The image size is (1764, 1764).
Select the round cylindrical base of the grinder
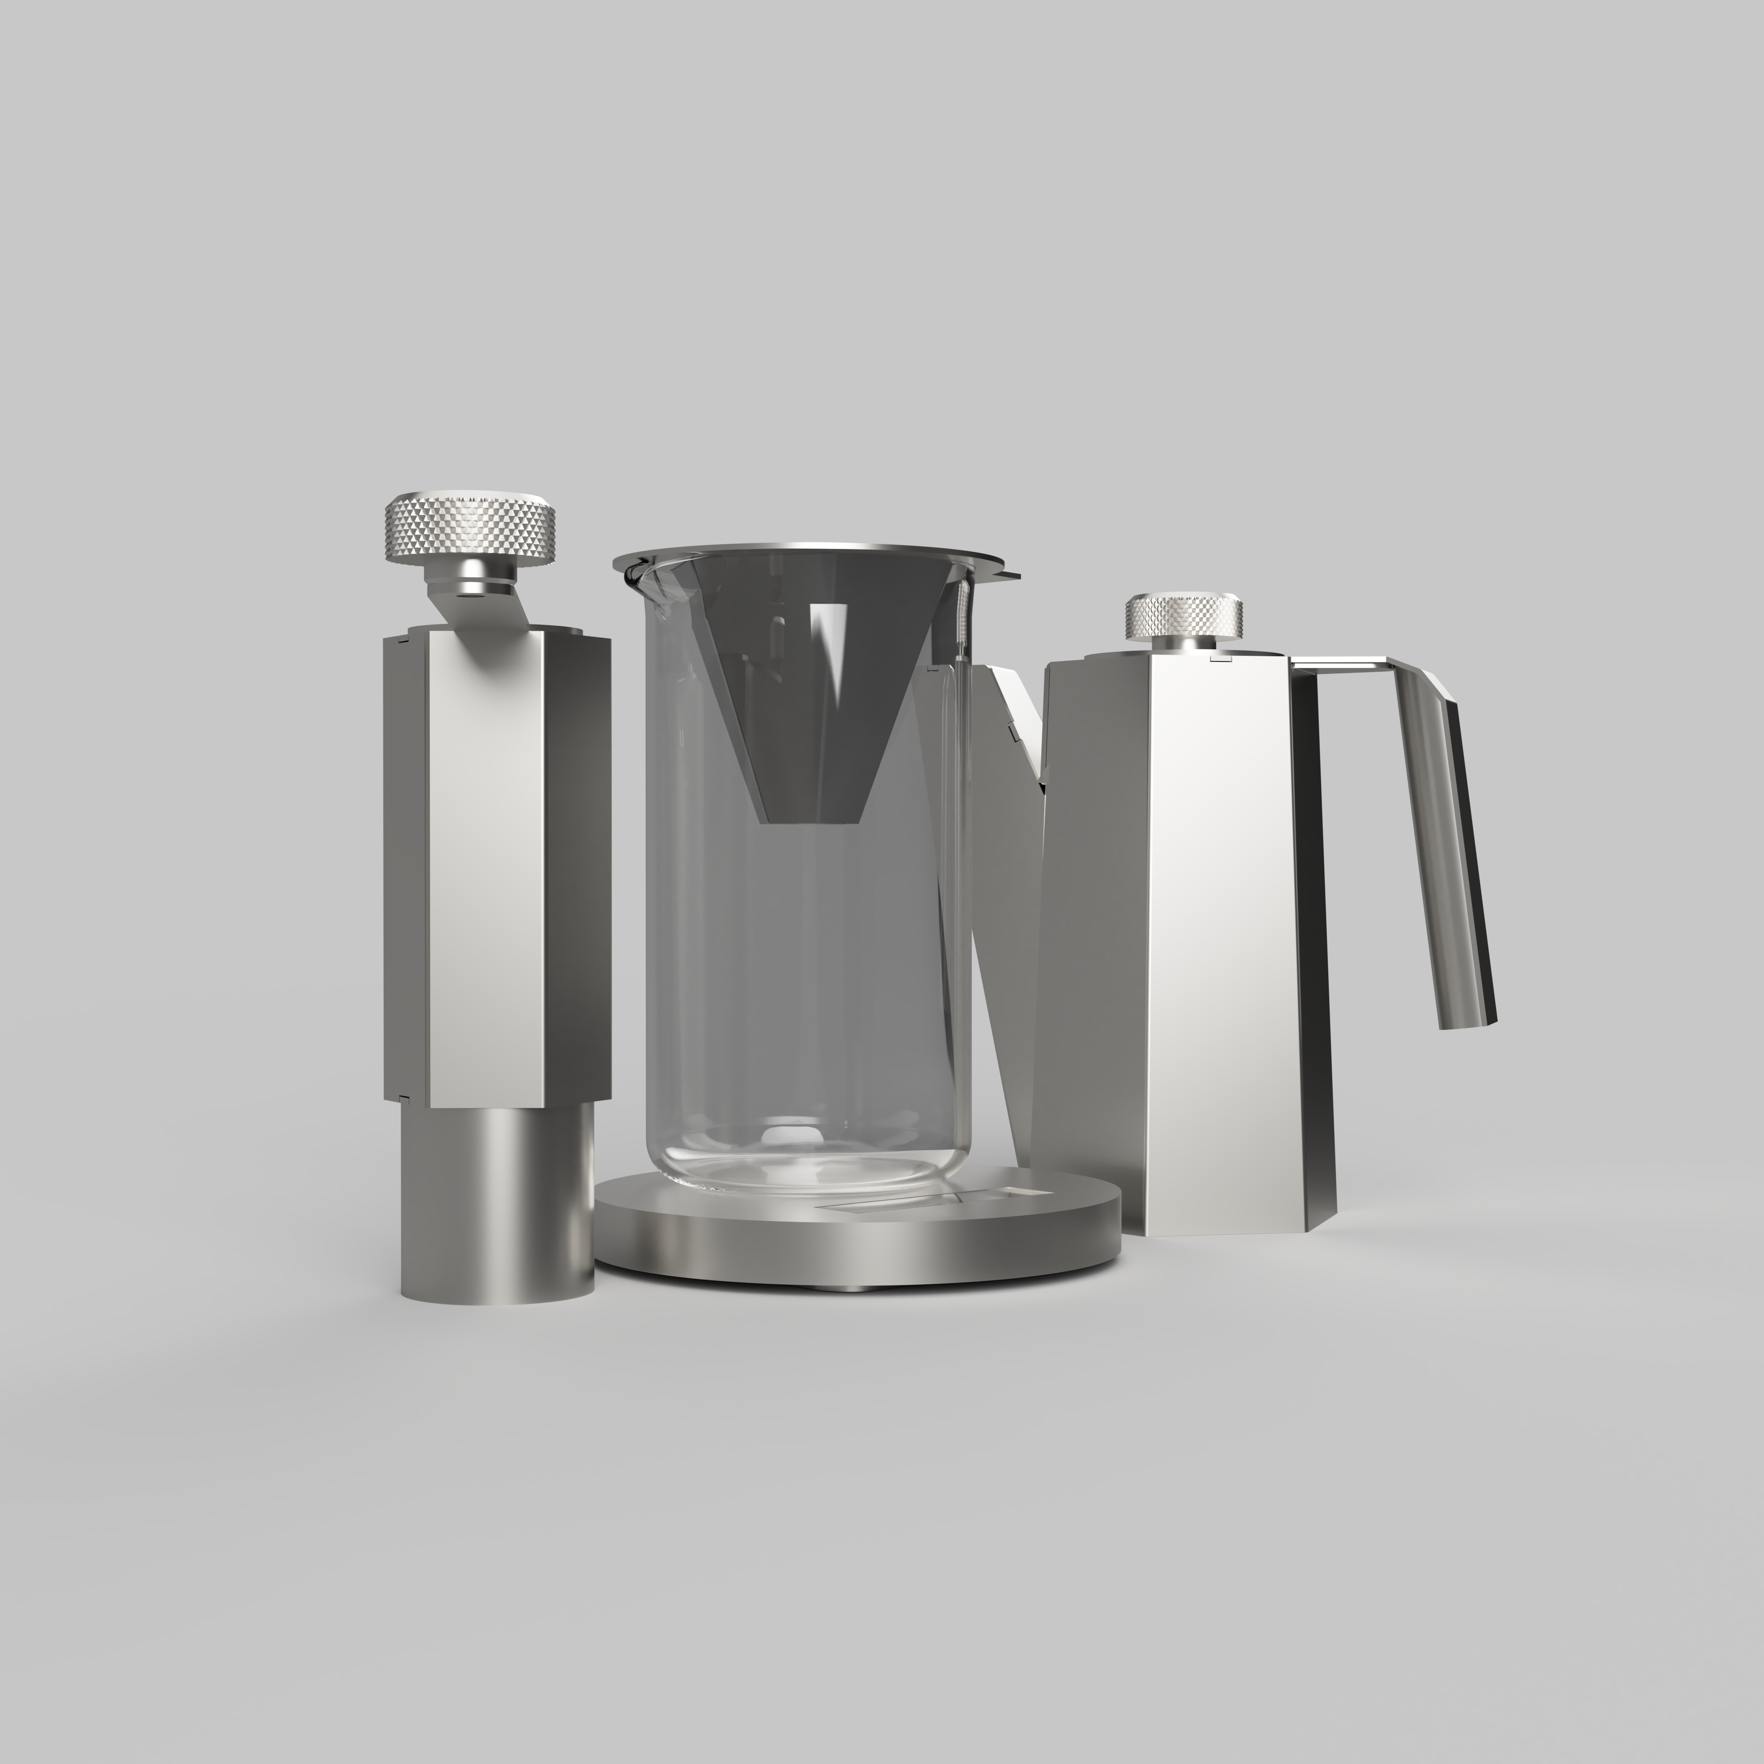[x=497, y=1205]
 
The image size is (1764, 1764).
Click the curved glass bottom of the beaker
[x=794, y=1169]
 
